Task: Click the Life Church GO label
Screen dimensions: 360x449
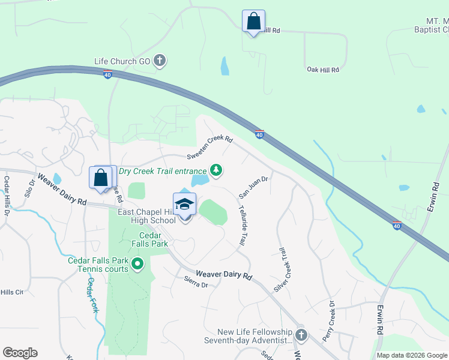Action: (123, 61)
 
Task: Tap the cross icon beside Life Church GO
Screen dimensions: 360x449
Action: (160, 60)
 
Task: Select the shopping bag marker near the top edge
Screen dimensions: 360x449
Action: (253, 22)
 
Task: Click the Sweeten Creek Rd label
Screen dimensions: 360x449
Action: (209, 148)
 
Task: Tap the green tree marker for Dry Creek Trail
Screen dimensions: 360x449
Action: (216, 171)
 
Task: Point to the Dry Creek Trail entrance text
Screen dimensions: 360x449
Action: (162, 171)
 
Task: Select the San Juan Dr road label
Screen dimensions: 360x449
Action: (253, 187)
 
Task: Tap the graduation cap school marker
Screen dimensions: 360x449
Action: (185, 205)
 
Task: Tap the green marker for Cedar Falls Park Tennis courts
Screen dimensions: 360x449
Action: (137, 263)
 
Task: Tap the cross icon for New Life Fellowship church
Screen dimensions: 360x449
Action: (301, 335)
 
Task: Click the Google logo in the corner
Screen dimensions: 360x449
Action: (20, 353)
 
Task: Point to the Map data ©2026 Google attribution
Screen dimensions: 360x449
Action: (412, 355)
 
